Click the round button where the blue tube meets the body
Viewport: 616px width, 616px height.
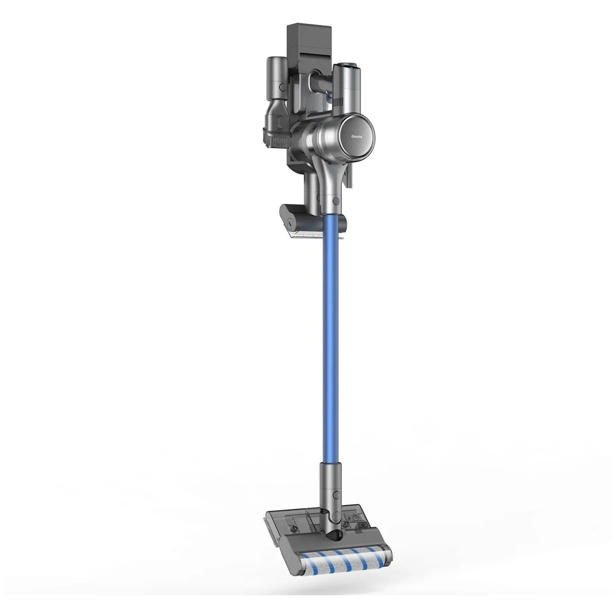point(335,201)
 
